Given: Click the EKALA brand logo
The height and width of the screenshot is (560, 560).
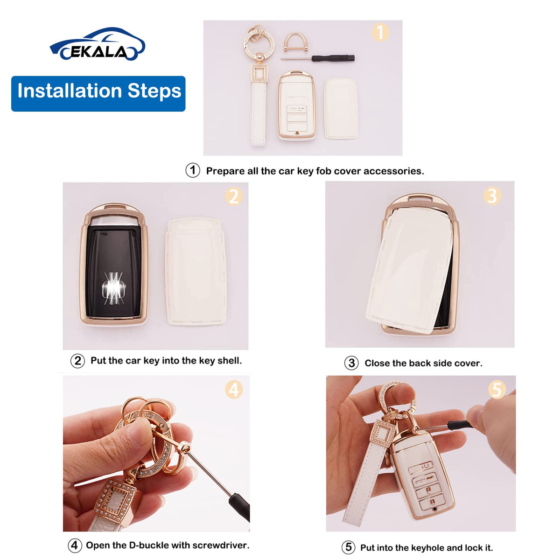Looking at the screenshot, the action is tap(98, 44).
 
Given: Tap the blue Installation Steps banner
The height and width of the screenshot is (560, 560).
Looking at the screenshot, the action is tap(98, 94).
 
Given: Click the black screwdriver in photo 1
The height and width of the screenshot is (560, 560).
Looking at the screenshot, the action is tap(317, 58).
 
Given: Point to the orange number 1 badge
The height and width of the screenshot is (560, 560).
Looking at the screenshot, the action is tap(380, 32).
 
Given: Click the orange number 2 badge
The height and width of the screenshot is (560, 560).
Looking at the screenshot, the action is tap(234, 197).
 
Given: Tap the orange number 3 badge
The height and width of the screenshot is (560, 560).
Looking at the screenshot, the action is tap(492, 196).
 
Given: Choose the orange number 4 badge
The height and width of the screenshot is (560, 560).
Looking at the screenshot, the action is tap(234, 390).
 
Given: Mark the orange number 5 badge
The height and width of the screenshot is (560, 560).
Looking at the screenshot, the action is tap(497, 389).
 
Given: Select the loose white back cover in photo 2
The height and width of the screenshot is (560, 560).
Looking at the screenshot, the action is tap(196, 272).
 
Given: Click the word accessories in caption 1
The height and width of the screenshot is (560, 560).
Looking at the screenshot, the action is tap(393, 171).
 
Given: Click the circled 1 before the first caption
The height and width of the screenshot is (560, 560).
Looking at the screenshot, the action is tap(193, 170).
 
